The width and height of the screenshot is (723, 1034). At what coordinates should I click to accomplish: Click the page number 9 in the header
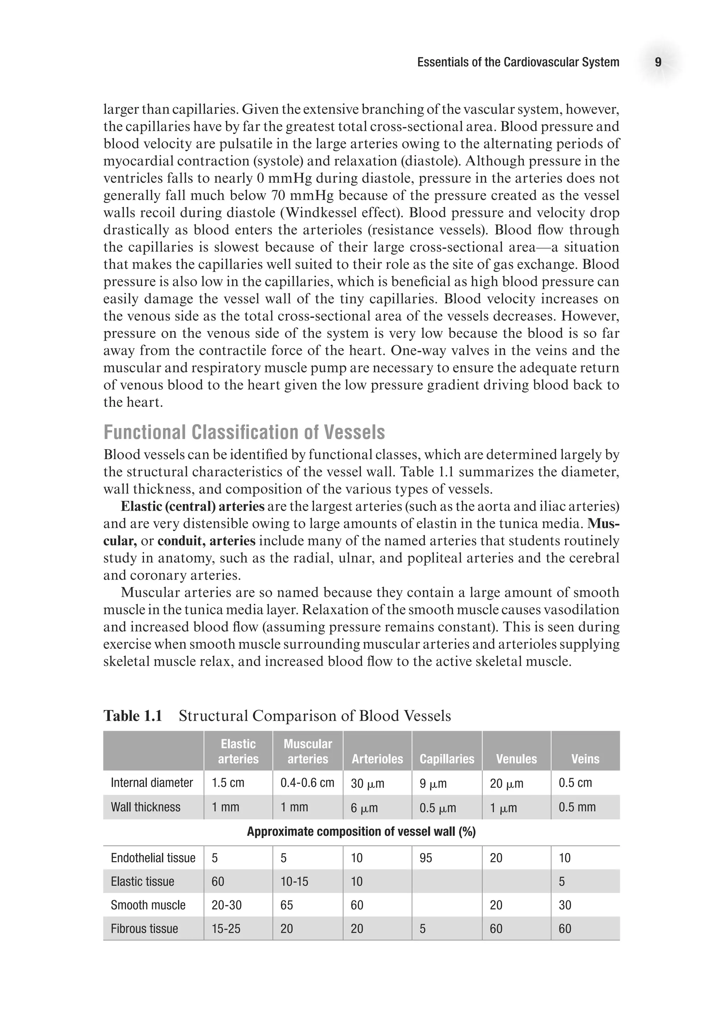coord(658,62)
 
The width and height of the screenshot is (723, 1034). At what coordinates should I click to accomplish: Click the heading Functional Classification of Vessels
coord(244,432)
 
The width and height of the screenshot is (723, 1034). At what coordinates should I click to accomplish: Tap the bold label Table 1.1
coord(133,716)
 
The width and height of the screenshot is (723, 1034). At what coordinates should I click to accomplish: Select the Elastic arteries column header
coord(238,751)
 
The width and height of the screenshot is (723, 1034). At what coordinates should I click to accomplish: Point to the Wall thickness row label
coord(145,807)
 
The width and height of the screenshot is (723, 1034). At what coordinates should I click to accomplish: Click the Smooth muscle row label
coord(148,905)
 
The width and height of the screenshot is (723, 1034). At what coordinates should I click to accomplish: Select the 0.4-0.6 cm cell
coord(307,783)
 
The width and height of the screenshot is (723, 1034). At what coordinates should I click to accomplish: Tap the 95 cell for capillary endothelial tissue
coord(426,858)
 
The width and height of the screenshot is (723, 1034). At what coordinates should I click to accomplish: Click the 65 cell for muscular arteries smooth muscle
coord(287,905)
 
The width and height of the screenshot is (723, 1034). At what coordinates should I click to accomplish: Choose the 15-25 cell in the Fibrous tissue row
coord(226,929)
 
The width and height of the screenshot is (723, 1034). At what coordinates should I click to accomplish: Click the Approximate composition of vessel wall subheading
coord(361,832)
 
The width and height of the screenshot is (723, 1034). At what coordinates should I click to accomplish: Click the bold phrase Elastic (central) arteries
coord(192,507)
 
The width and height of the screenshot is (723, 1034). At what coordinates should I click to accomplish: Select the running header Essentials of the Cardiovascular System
coord(518,62)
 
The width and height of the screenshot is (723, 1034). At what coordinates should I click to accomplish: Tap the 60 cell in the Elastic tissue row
coord(218,881)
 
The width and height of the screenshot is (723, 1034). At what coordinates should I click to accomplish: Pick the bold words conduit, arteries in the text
coord(206,541)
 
